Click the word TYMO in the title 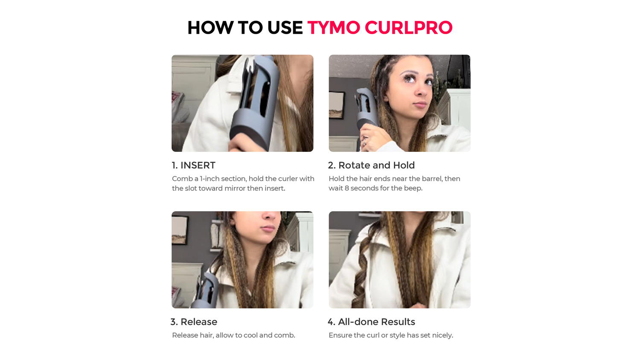333,28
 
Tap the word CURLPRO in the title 409,28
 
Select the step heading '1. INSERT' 193,165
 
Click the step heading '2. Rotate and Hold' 371,165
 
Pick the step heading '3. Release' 194,322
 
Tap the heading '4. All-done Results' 371,322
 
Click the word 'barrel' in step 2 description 432,179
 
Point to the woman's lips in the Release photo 268,228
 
